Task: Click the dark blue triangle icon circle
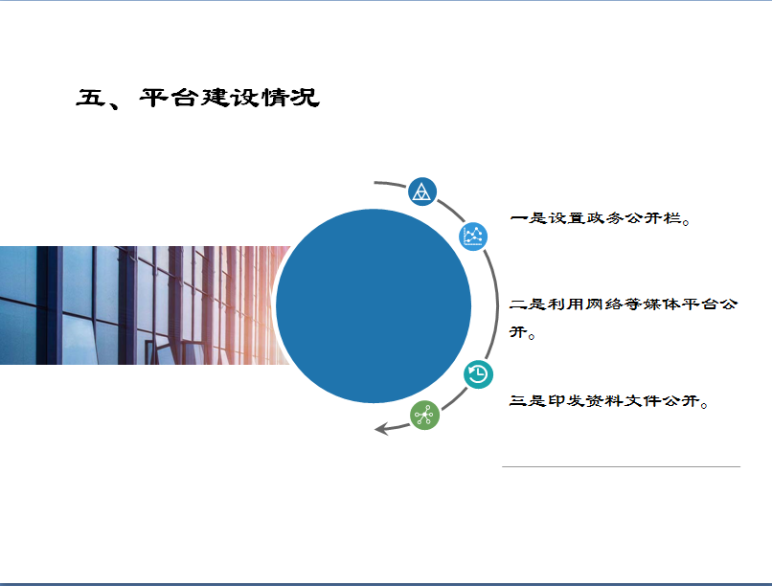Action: (422, 192)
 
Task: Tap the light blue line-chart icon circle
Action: (473, 237)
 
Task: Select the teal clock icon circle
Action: (478, 374)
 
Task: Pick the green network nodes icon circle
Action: (424, 416)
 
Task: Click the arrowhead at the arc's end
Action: (382, 429)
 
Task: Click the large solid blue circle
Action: (374, 305)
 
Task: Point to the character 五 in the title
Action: (91, 98)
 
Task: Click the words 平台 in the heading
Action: (169, 98)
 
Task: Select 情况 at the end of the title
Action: (290, 98)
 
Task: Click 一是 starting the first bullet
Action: (529, 217)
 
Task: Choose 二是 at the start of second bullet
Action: (529, 304)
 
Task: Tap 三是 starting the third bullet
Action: (529, 400)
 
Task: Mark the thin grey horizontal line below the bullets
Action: (621, 466)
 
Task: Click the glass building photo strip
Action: (146, 305)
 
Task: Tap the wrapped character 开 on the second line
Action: (518, 332)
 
